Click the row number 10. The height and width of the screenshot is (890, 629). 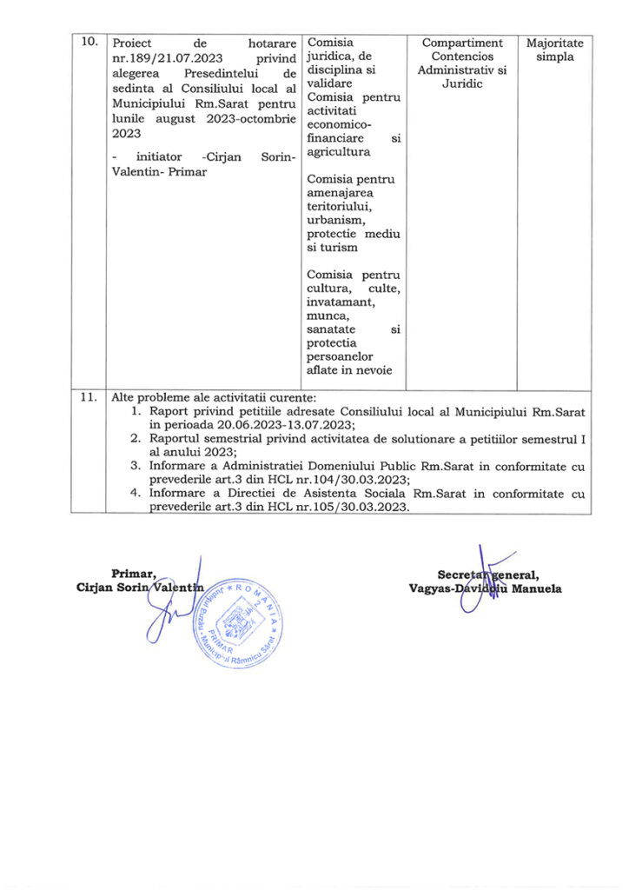pyautogui.click(x=88, y=43)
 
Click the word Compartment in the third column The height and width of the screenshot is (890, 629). pyautogui.click(x=461, y=43)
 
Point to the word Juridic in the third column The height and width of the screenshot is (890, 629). pyautogui.click(x=461, y=85)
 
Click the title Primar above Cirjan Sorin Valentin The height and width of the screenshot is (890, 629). pyautogui.click(x=134, y=573)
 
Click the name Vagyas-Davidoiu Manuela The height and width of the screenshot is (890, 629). pyautogui.click(x=485, y=588)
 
